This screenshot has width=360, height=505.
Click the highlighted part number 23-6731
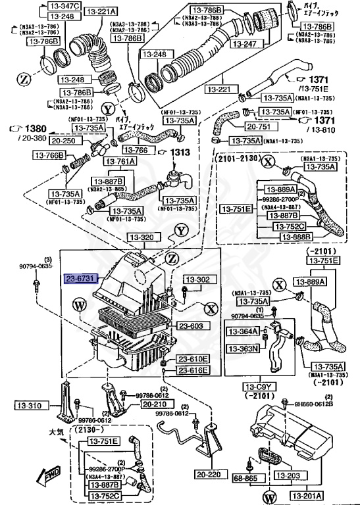(x=80, y=279)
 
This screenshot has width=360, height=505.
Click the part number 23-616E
(x=193, y=371)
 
